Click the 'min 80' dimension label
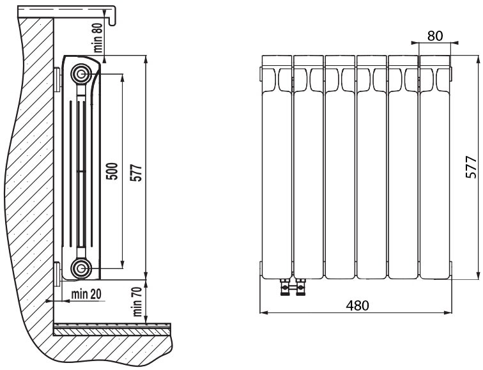tap(98, 38)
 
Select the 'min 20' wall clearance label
tap(86, 294)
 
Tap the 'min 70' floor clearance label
tap(137, 301)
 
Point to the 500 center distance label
tap(112, 171)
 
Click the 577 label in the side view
tap(136, 173)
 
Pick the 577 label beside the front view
tap(471, 167)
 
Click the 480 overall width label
tap(357, 305)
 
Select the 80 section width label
tap(435, 36)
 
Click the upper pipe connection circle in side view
tap(81, 74)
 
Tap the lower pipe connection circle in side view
tap(81, 268)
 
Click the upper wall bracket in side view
tap(57, 79)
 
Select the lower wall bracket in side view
tap(57, 274)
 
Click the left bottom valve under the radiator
tap(285, 287)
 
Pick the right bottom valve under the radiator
tap(300, 287)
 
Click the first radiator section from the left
tap(277, 167)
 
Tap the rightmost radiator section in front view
tap(434, 167)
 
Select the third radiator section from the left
tap(340, 167)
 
